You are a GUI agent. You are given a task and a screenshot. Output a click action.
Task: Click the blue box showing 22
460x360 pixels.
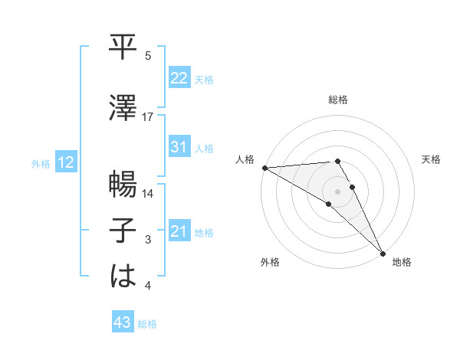pyautogui.click(x=179, y=78)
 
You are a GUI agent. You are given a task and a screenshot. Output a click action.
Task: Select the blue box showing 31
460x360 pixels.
pyautogui.click(x=179, y=147)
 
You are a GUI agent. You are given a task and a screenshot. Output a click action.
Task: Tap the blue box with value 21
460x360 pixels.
pyautogui.click(x=179, y=232)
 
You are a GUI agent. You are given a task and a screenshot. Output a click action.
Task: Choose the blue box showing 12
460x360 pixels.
pyautogui.click(x=65, y=162)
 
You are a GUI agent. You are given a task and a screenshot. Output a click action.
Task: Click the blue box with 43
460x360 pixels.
pyautogui.click(x=122, y=323)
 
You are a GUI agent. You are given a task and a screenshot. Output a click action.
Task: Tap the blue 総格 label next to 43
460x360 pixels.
pyautogui.click(x=147, y=324)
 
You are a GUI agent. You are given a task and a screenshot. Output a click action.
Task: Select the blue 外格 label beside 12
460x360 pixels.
pyautogui.click(x=41, y=163)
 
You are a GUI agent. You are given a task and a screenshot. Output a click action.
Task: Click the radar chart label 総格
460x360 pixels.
pyautogui.click(x=337, y=100)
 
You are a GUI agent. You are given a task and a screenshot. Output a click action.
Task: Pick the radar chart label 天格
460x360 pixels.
pyautogui.click(x=432, y=159)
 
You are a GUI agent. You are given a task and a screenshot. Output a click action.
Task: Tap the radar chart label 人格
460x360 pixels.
pyautogui.click(x=245, y=159)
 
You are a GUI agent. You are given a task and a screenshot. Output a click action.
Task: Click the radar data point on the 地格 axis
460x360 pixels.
pyautogui.click(x=383, y=253)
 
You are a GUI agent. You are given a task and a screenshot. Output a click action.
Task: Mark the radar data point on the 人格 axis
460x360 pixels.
pyautogui.click(x=264, y=168)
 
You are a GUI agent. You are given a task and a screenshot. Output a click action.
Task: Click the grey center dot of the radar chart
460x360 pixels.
pyautogui.click(x=337, y=191)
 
